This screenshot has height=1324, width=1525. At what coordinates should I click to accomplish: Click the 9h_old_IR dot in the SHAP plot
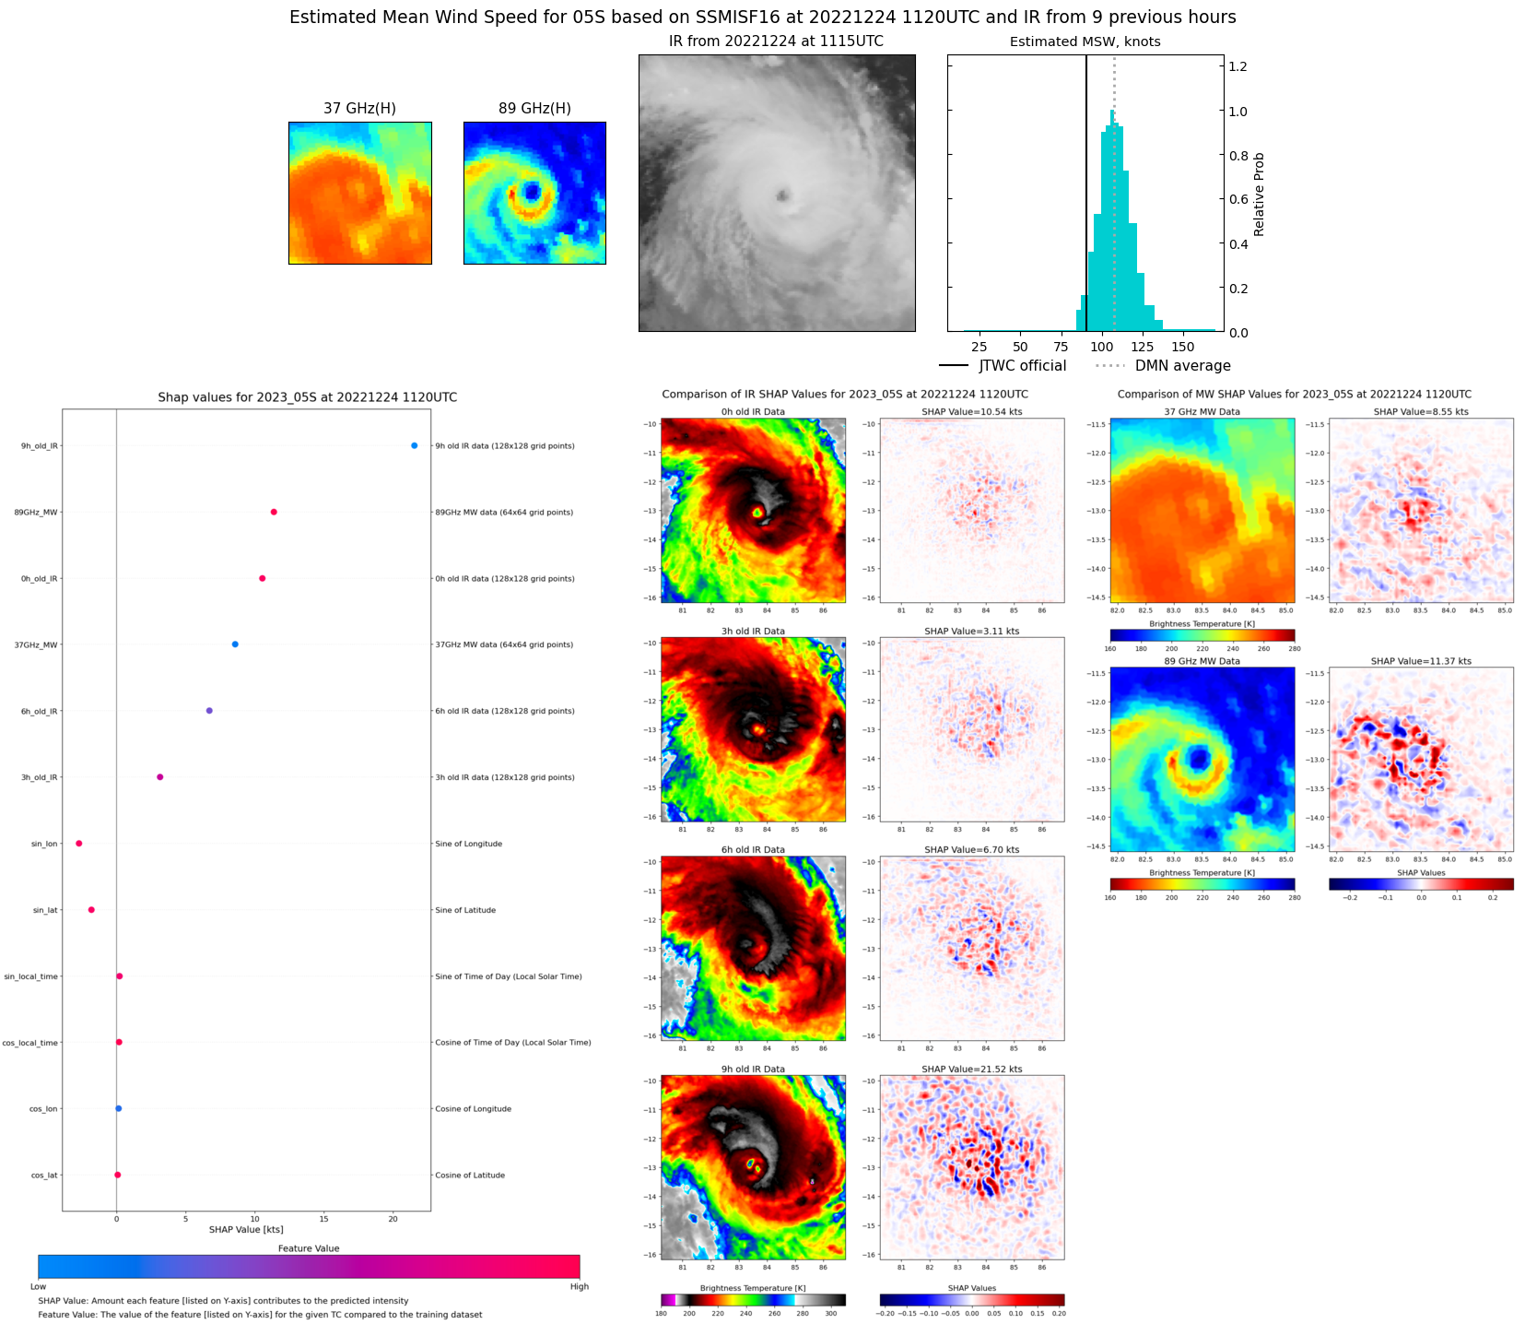point(414,445)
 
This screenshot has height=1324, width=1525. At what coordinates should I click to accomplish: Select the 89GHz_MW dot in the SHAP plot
point(274,512)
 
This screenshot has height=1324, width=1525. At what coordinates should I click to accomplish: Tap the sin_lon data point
point(79,844)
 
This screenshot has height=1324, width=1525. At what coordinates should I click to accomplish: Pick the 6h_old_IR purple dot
point(209,711)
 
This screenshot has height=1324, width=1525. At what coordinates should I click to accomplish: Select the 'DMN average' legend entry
point(1163,366)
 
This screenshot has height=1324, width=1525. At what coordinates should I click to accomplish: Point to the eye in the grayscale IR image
point(782,195)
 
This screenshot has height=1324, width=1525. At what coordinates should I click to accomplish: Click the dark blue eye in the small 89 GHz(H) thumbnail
point(532,192)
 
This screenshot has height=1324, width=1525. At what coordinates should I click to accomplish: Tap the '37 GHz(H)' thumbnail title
point(359,109)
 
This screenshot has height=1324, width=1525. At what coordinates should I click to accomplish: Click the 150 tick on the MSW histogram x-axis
point(1182,347)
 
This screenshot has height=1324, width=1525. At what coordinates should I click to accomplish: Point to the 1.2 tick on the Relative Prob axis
point(1238,66)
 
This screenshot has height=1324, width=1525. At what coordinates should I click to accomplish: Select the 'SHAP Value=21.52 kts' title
point(971,1070)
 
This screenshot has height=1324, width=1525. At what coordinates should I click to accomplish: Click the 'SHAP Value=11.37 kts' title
point(1420,661)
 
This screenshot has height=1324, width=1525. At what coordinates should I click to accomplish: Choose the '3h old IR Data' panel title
point(753,632)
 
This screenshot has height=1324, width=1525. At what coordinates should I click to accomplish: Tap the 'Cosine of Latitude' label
point(470,1176)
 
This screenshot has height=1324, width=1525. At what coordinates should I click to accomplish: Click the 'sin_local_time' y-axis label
point(30,976)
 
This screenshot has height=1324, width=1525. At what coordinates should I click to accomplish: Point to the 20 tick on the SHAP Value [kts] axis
point(393,1219)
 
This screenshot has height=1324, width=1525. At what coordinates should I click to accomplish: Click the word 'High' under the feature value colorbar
point(579,1286)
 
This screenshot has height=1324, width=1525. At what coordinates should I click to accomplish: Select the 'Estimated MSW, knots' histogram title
point(1085,41)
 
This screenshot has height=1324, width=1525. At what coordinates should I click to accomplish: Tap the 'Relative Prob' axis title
point(1259,195)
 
